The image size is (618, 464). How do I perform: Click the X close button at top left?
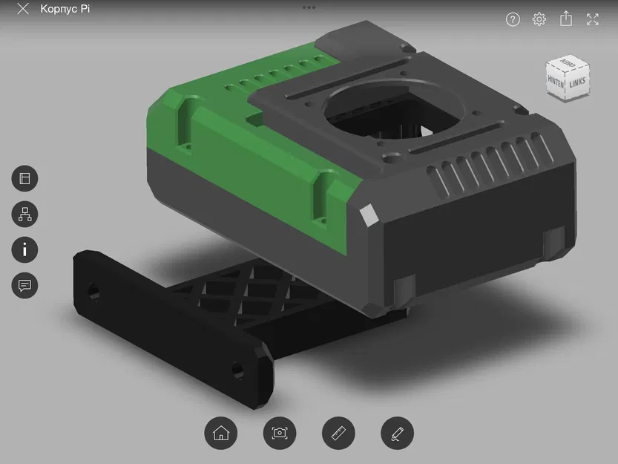point(23,10)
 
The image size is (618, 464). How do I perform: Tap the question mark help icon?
point(513,19)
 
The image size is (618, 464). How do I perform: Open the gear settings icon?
point(539,19)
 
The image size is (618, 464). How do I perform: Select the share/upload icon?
point(566,19)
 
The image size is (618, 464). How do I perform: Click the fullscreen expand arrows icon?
point(593,19)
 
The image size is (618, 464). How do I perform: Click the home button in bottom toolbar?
point(220,433)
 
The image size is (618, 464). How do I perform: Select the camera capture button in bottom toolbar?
point(279,433)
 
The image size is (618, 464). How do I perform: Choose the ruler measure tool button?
point(338,433)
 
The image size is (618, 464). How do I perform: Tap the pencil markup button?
point(397,433)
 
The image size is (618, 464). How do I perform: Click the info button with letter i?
point(24,250)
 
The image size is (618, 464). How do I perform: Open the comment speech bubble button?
point(24,286)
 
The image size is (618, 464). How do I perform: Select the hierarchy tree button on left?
point(24,215)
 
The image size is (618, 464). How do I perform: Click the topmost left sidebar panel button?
point(24,179)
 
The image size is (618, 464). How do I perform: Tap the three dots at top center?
point(309,7)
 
